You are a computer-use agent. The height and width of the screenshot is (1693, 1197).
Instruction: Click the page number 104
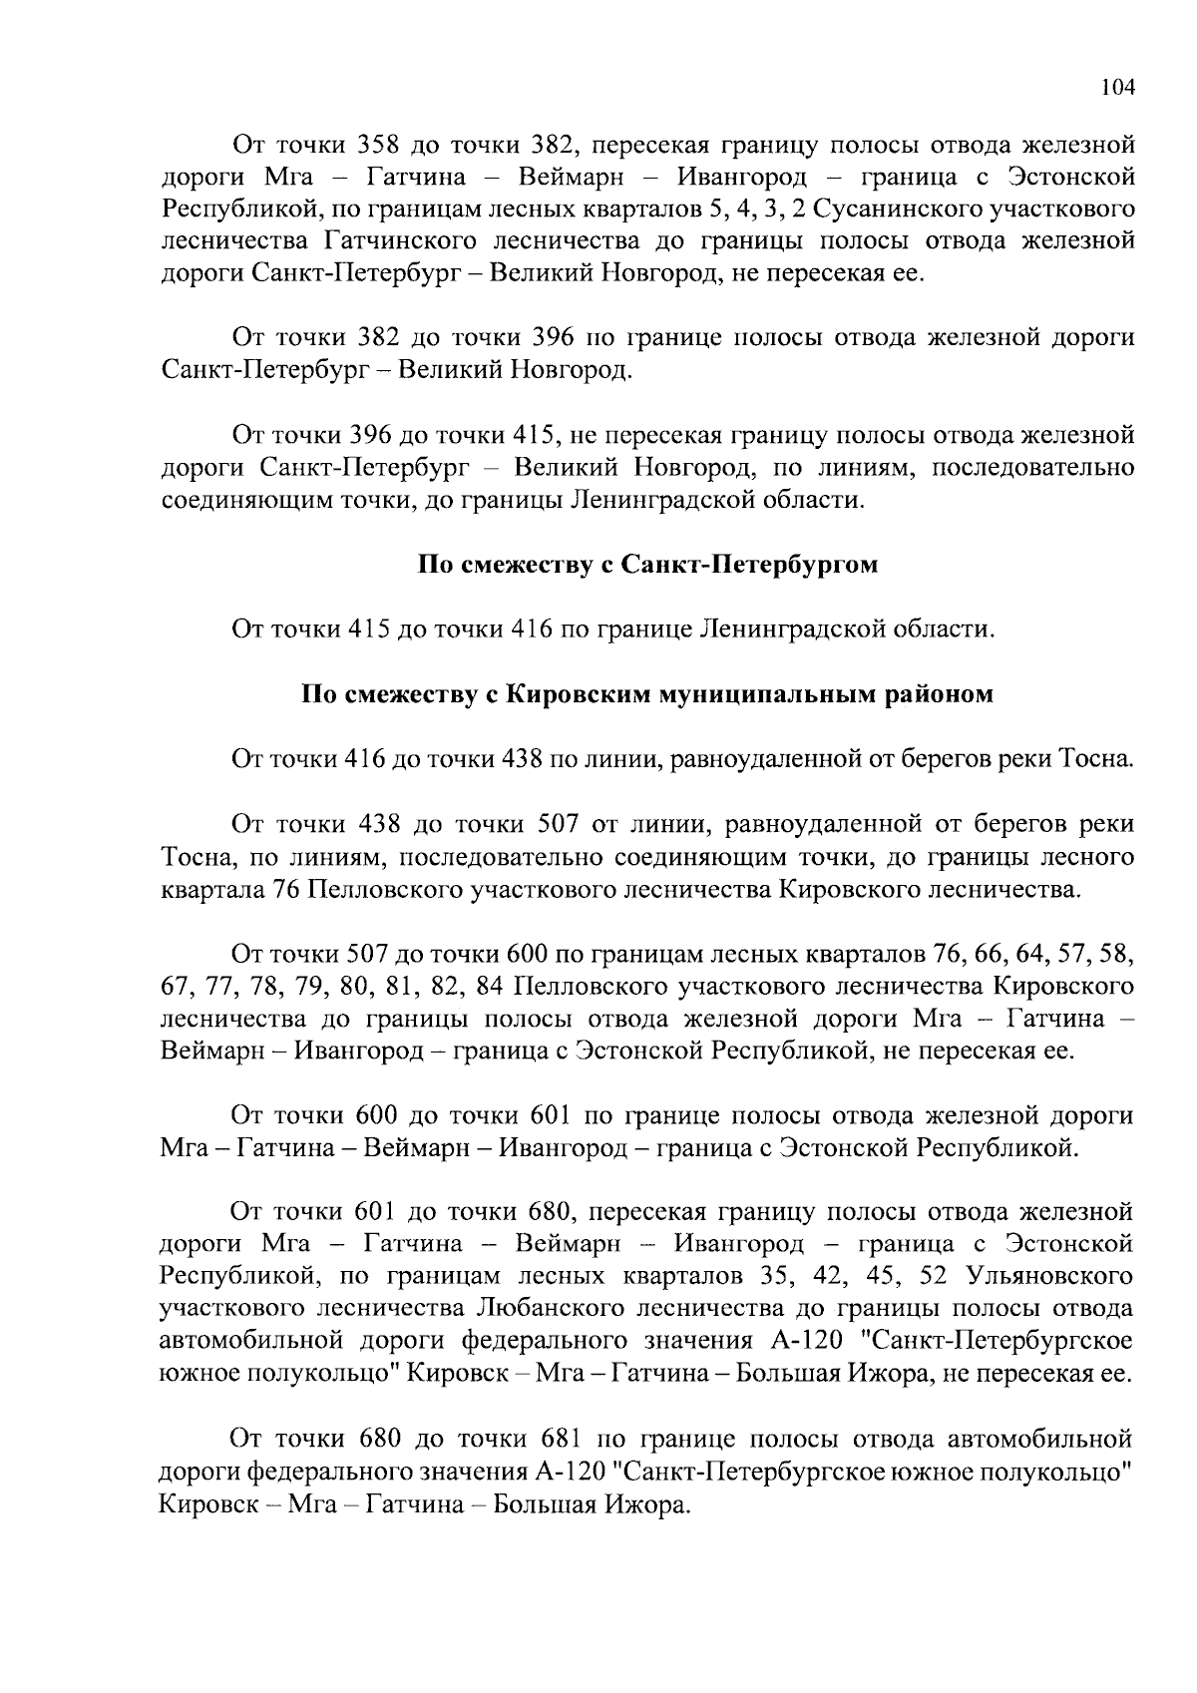tap(1117, 87)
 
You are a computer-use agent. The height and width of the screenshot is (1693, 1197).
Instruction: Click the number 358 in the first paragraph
tap(378, 145)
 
